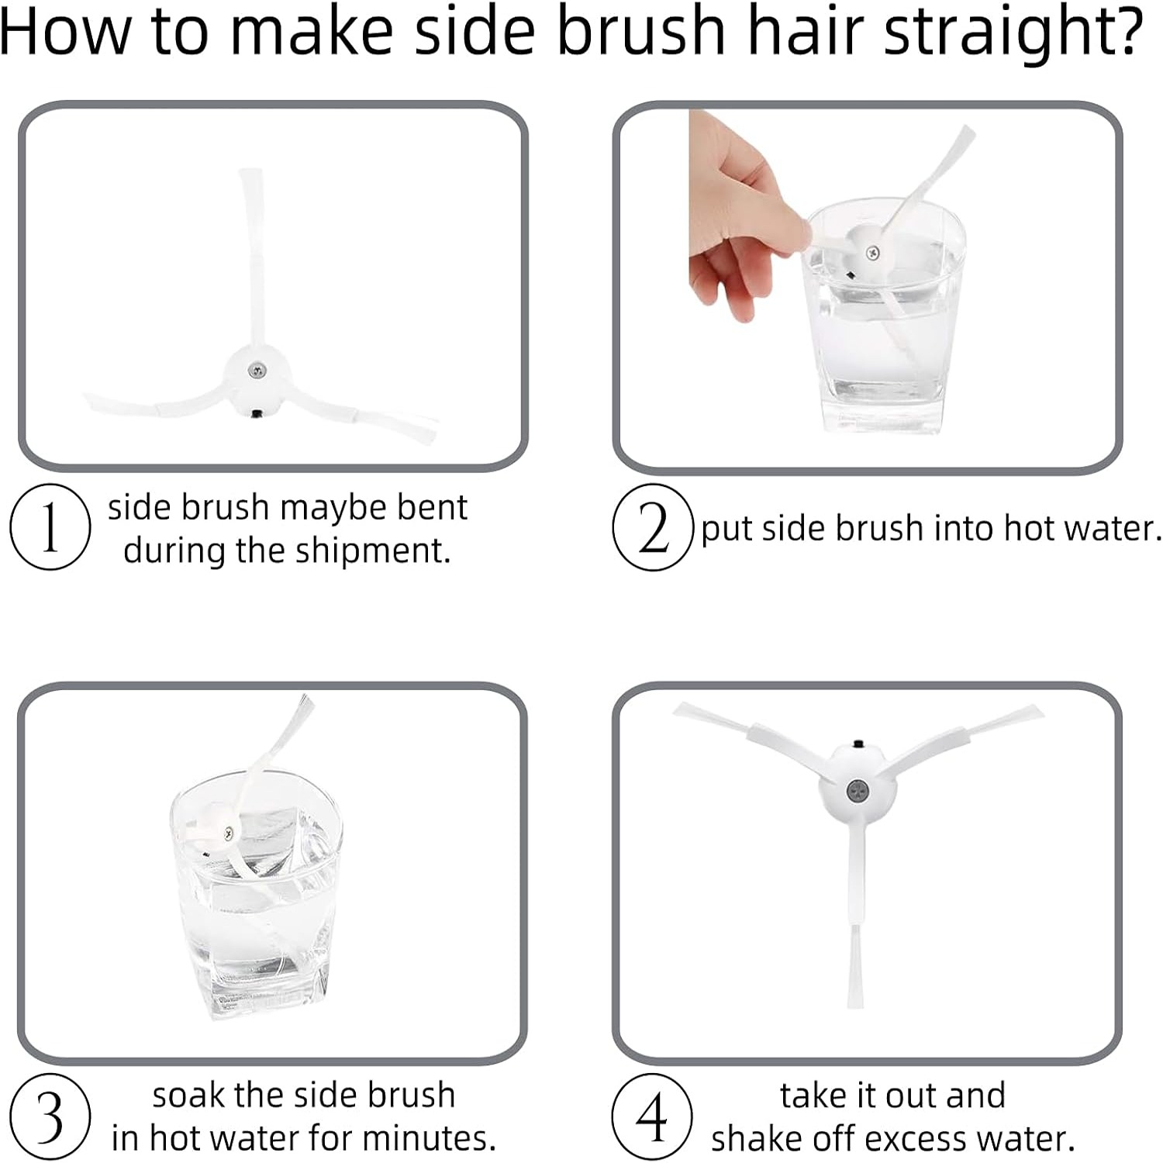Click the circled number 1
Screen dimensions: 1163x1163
pos(50,527)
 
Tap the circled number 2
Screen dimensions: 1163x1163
pos(652,527)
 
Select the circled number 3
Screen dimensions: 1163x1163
pos(50,1116)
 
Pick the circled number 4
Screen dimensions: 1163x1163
pos(652,1116)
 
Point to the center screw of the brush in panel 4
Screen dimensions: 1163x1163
pos(857,791)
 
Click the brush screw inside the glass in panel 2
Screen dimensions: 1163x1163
pos(872,252)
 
